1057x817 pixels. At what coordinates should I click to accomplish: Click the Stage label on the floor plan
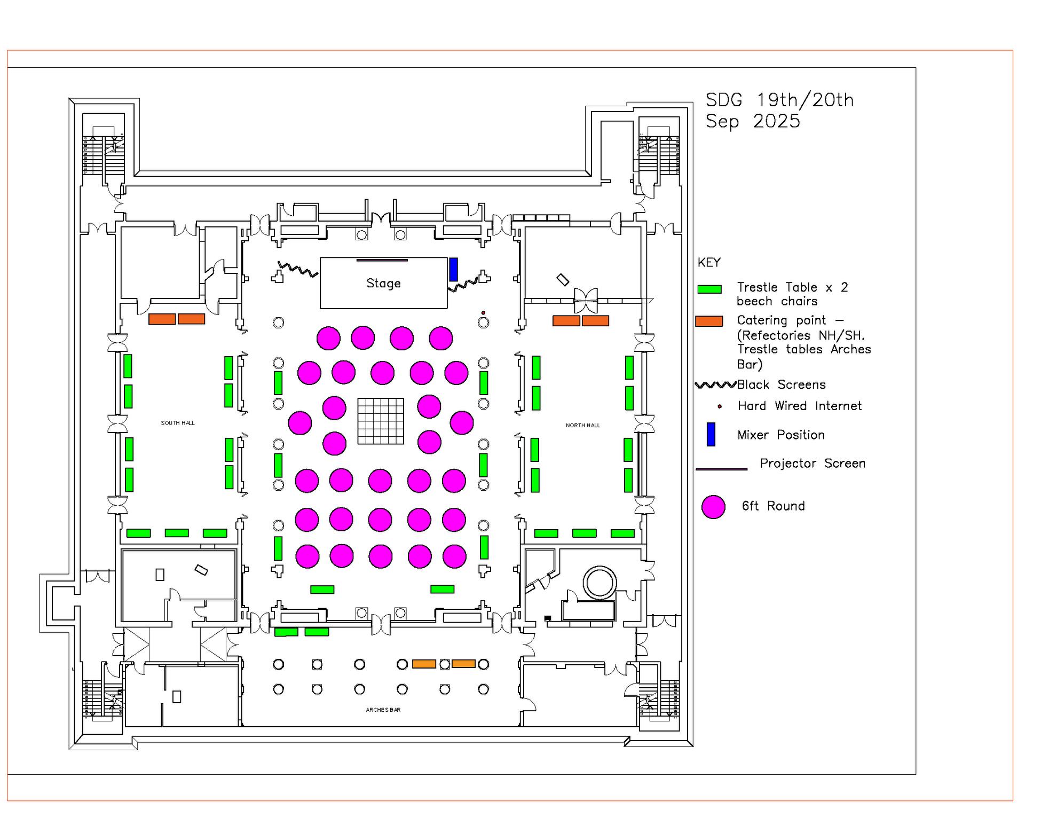coord(383,283)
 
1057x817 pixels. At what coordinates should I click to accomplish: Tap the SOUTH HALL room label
coord(178,423)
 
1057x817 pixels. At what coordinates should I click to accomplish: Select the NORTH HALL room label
coord(583,426)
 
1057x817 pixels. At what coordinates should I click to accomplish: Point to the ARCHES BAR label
coord(383,710)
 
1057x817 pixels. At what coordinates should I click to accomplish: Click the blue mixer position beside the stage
coord(453,269)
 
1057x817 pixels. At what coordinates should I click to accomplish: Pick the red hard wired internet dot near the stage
coord(484,313)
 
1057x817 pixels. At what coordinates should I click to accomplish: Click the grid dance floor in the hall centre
coord(381,421)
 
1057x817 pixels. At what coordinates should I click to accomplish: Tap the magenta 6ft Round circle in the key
coord(713,507)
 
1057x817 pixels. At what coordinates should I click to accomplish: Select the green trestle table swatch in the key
coord(709,289)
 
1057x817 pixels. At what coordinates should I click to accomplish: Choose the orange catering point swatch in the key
coord(709,321)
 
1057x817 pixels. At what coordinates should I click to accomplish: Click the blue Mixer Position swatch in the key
coord(711,434)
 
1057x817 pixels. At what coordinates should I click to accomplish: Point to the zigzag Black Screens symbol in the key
coord(715,385)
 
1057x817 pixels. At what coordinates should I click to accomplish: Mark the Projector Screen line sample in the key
coord(721,469)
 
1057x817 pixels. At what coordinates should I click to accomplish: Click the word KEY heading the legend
coord(709,263)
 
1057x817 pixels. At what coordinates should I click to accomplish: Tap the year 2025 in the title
coord(776,121)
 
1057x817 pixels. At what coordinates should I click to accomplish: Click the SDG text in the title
coord(724,100)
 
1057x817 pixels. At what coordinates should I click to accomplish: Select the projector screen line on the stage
coord(382,261)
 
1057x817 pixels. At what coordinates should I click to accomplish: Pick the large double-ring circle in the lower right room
coord(600,582)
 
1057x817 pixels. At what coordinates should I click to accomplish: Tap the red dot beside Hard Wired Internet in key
coord(720,406)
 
